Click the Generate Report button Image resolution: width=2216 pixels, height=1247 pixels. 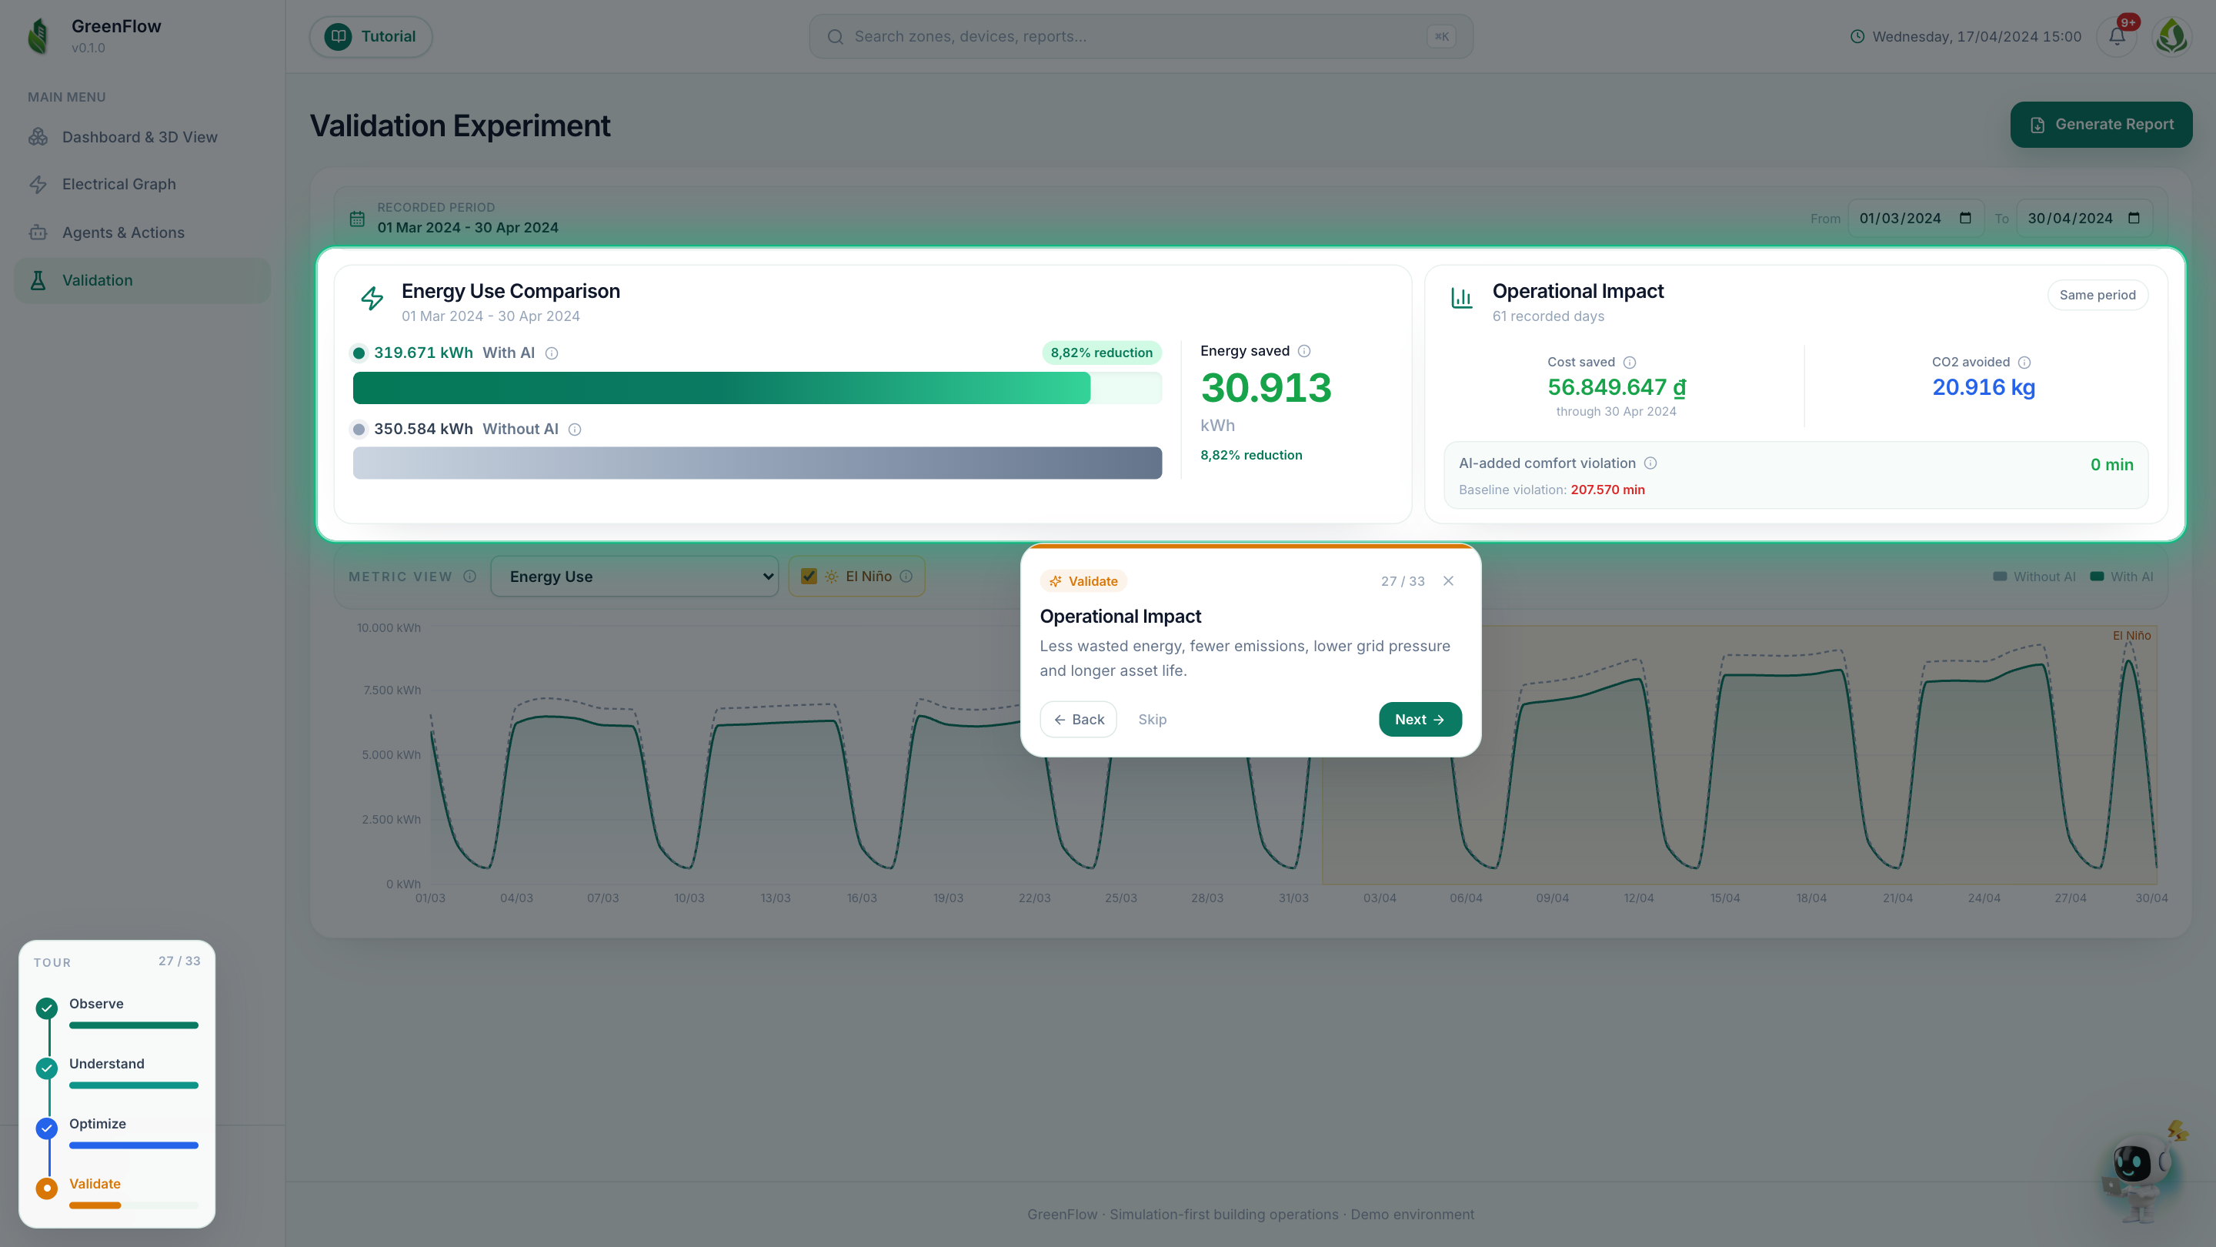[x=2101, y=125]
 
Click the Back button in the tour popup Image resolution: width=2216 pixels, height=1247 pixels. [x=1078, y=720]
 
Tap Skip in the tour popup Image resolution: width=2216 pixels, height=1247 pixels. [x=1152, y=720]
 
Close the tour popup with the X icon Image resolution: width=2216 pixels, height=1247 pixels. [x=1449, y=581]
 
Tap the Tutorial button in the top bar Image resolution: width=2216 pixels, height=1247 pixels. [x=371, y=37]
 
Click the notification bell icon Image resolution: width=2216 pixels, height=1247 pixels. [x=2117, y=37]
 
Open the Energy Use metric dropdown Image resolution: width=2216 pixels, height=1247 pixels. [x=635, y=577]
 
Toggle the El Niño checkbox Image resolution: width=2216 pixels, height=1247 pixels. [x=809, y=577]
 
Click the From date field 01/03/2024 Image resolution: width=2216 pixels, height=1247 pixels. [x=1916, y=219]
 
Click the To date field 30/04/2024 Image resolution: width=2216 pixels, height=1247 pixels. [x=2084, y=219]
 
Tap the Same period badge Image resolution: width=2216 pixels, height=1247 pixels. [x=2098, y=295]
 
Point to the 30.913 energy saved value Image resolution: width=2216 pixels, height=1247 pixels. [x=1267, y=388]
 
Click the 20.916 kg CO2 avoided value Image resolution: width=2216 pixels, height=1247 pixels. [x=1984, y=387]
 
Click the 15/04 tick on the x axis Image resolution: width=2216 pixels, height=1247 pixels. [x=1725, y=898]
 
